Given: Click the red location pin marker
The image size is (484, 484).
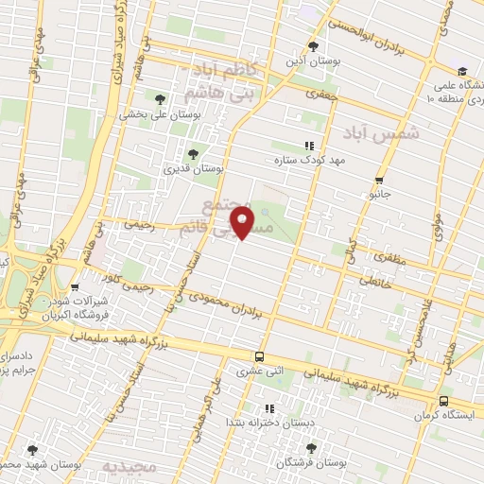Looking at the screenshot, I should (246, 222).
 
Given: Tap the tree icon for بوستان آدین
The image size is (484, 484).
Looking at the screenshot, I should (316, 46).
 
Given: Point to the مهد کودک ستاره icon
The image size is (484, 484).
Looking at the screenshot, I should (308, 146).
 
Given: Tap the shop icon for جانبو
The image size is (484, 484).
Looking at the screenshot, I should (379, 180).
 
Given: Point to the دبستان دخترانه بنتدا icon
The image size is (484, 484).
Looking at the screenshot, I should (270, 408).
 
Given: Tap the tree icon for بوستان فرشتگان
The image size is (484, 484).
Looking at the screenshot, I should (311, 448).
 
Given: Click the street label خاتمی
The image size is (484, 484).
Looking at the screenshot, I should (373, 280).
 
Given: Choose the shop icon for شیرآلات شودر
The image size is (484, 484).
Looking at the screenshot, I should (75, 288).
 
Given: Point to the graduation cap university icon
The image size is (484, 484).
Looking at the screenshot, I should (461, 71).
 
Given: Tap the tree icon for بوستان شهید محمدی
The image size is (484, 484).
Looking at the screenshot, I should (33, 451).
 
